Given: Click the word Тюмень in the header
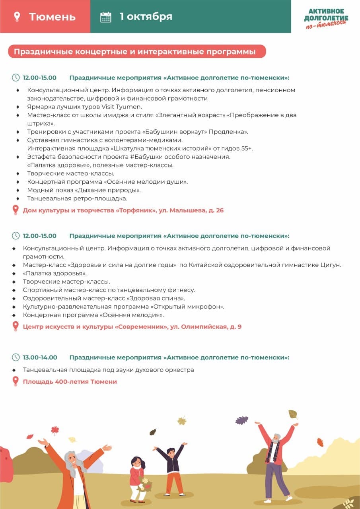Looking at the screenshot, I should [x=52, y=17].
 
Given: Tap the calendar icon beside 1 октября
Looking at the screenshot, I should [x=106, y=17].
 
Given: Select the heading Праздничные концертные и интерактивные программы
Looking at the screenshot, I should [x=135, y=52].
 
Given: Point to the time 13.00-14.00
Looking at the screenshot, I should [x=40, y=357].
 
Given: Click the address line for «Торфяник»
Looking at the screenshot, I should [x=123, y=210].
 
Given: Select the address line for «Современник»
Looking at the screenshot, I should [x=132, y=327].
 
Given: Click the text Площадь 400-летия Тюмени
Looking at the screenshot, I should [x=70, y=382].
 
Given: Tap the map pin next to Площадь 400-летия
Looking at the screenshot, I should [x=16, y=381].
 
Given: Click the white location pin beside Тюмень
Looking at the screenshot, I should [x=17, y=17].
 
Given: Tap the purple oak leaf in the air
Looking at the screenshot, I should [x=241, y=420].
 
